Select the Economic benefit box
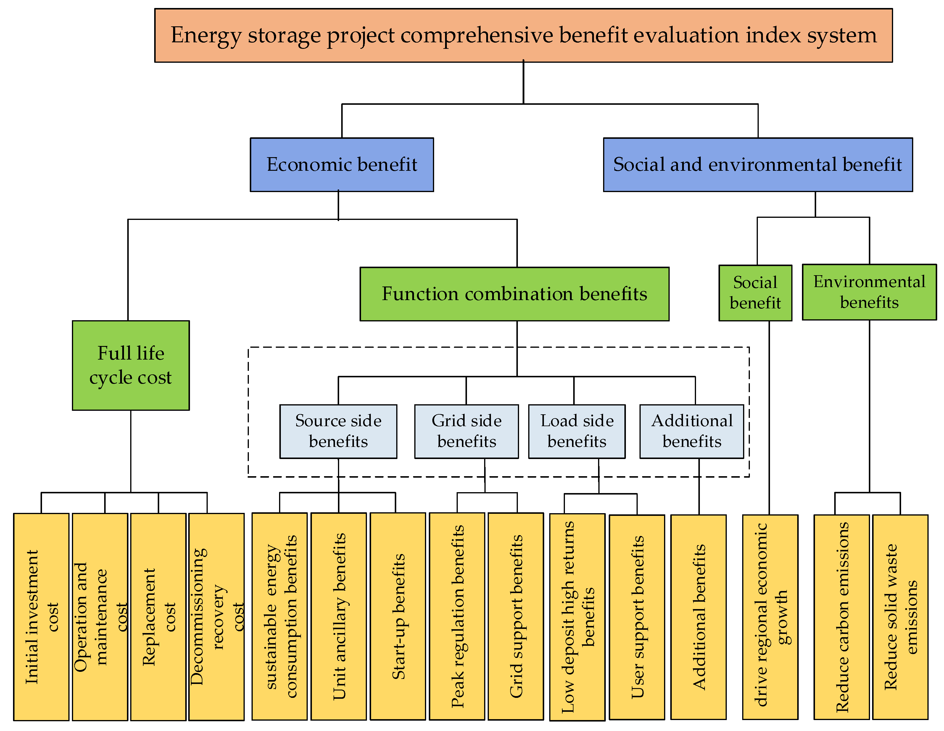(x=341, y=165)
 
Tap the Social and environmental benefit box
(x=757, y=165)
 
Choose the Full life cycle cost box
(x=131, y=365)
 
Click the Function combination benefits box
(x=514, y=294)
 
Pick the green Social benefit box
(x=755, y=293)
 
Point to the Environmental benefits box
(x=869, y=292)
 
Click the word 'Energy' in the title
(x=206, y=36)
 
